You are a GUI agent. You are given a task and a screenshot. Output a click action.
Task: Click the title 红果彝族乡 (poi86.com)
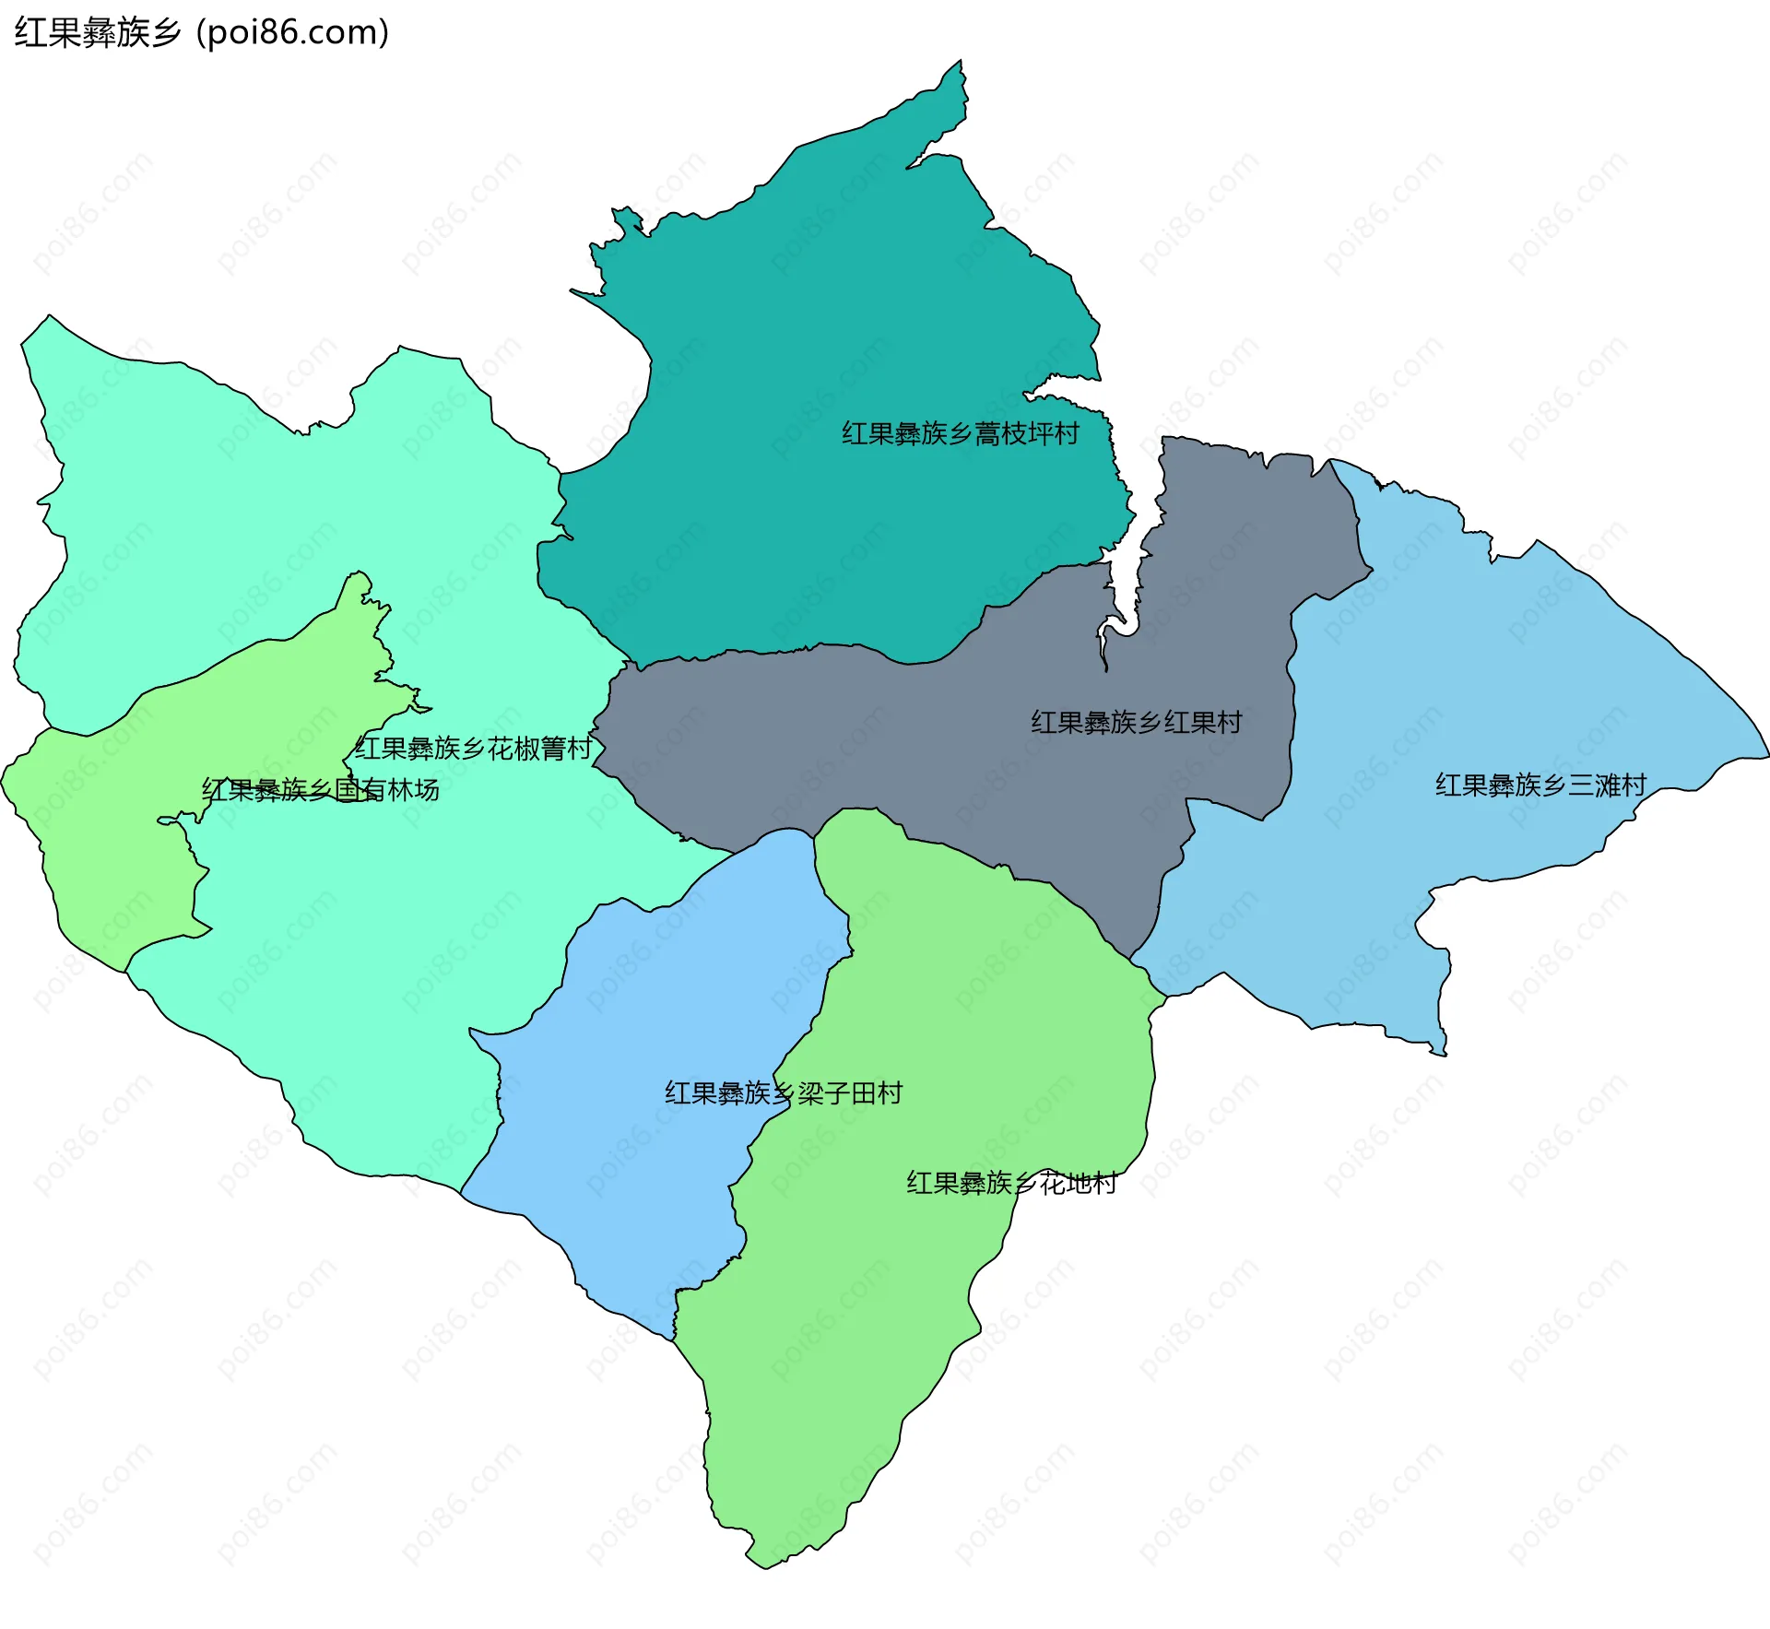201,33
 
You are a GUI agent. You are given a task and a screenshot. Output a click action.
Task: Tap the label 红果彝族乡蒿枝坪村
960,433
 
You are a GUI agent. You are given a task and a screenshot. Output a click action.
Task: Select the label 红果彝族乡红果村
1136,722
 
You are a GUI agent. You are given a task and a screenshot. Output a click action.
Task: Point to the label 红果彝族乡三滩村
1540,785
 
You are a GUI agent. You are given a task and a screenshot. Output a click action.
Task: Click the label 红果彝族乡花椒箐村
473,748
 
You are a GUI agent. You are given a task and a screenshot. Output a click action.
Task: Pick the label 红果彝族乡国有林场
320,790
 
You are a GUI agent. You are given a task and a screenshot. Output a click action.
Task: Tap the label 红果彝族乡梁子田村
784,1092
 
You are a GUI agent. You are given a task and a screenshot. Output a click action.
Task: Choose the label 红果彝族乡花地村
1011,1182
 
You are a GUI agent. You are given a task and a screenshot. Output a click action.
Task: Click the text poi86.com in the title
293,33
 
